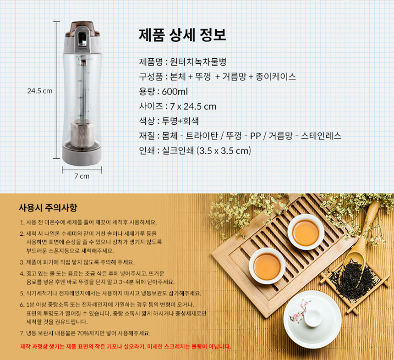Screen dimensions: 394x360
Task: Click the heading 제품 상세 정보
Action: (182, 35)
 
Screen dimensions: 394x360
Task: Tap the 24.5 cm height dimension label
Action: (40, 91)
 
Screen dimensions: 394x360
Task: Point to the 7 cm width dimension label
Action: (82, 176)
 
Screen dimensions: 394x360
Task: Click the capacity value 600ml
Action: (175, 92)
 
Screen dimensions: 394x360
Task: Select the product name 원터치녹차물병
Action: (198, 62)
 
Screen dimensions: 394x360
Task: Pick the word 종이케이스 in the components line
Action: (276, 77)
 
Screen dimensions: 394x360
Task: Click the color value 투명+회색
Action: (180, 121)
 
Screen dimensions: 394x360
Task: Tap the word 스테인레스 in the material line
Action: (321, 136)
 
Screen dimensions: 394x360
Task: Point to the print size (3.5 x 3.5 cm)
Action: (224, 151)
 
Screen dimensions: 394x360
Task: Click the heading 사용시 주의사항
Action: (48, 208)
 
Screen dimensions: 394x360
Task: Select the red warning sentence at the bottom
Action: (126, 347)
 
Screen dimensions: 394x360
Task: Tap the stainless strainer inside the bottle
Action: (82, 134)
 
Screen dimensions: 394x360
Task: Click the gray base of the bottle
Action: (82, 154)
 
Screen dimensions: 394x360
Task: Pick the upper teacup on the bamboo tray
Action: (306, 232)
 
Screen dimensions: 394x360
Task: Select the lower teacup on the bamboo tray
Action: (267, 266)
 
